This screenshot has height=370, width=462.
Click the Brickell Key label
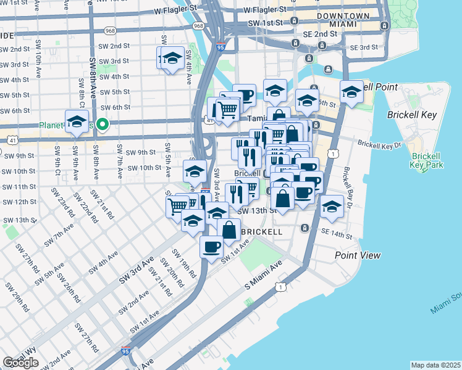click(x=412, y=115)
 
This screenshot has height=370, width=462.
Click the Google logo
click(x=20, y=363)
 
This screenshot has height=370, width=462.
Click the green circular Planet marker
click(x=104, y=125)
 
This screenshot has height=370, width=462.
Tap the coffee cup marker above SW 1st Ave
click(x=212, y=247)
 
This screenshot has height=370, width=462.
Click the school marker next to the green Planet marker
click(x=77, y=121)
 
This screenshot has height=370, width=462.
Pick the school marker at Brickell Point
click(x=351, y=92)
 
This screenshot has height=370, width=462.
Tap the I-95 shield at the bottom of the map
click(x=126, y=350)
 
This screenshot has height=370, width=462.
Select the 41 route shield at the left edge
click(x=11, y=140)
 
